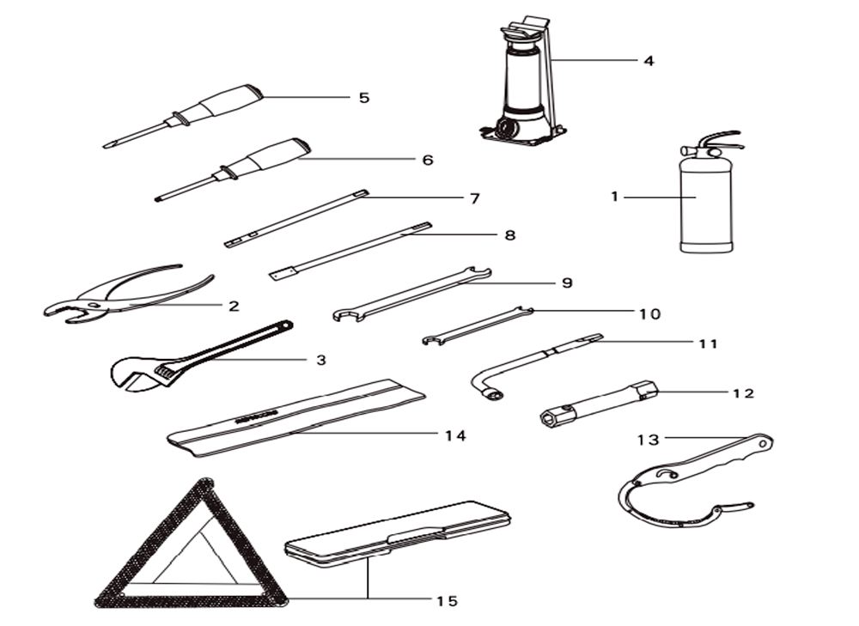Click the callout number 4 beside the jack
tap(649, 61)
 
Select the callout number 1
tap(615, 196)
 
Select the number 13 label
tap(648, 440)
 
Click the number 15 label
tap(447, 601)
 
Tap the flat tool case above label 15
tap(399, 533)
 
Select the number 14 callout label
tap(455, 436)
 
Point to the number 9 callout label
tap(567, 283)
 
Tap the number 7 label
tap(474, 198)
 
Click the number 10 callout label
tap(649, 314)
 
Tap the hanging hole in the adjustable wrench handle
tap(285, 325)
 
